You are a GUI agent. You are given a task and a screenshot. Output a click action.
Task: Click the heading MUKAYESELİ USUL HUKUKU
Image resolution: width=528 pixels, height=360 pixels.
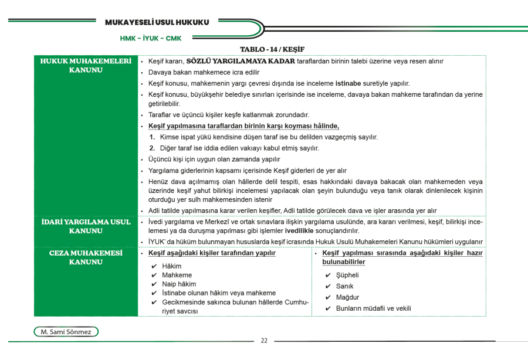pos(157,22)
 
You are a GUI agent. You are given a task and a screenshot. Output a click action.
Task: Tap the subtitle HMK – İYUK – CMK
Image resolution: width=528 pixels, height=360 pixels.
pos(151,39)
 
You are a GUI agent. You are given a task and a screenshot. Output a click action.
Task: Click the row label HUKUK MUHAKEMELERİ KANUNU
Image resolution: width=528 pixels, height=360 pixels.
pos(86,65)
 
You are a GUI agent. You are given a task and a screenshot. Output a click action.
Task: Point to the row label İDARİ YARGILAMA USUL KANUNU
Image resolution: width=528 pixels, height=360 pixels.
pos(86,226)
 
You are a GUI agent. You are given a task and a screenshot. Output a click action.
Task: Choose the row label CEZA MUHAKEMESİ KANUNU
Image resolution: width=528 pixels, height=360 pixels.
pos(86,257)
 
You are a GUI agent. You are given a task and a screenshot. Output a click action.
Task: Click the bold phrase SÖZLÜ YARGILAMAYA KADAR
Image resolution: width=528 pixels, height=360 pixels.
pos(240,61)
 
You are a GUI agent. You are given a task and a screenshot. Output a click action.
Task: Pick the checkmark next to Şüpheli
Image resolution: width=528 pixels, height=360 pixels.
pos(327,275)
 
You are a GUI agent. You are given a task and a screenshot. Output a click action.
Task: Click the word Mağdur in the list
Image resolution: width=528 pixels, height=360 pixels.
pos(347,297)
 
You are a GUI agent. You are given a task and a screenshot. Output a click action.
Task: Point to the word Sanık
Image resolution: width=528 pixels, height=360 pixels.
pos(344,286)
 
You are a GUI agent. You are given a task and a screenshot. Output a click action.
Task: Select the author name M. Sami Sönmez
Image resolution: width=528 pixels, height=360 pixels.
pos(66,332)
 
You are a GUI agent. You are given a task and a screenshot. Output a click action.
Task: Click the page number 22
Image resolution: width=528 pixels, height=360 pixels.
pos(264,341)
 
